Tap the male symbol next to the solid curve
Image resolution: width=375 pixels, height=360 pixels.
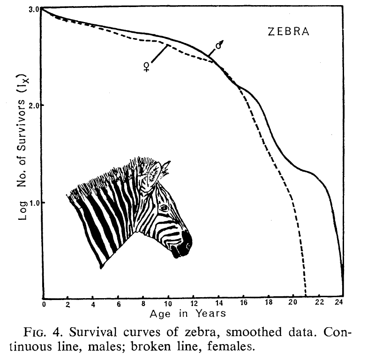pyautogui.click(x=219, y=45)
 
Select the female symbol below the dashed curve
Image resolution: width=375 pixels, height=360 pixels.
pyautogui.click(x=146, y=67)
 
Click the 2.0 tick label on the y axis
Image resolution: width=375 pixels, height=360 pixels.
pyautogui.click(x=33, y=105)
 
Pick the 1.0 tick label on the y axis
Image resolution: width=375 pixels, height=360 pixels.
pyautogui.click(x=33, y=202)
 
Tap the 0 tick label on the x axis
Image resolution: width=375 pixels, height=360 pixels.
pyautogui.click(x=43, y=304)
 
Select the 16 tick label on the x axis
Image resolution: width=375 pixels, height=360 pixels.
pyautogui.click(x=243, y=304)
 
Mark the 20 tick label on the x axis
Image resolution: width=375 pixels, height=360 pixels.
pyautogui.click(x=293, y=304)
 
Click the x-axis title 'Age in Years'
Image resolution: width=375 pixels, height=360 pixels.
pyautogui.click(x=187, y=313)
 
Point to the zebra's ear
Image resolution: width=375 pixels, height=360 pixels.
pyautogui.click(x=154, y=173)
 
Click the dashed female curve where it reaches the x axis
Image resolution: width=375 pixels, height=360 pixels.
pyautogui.click(x=306, y=296)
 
